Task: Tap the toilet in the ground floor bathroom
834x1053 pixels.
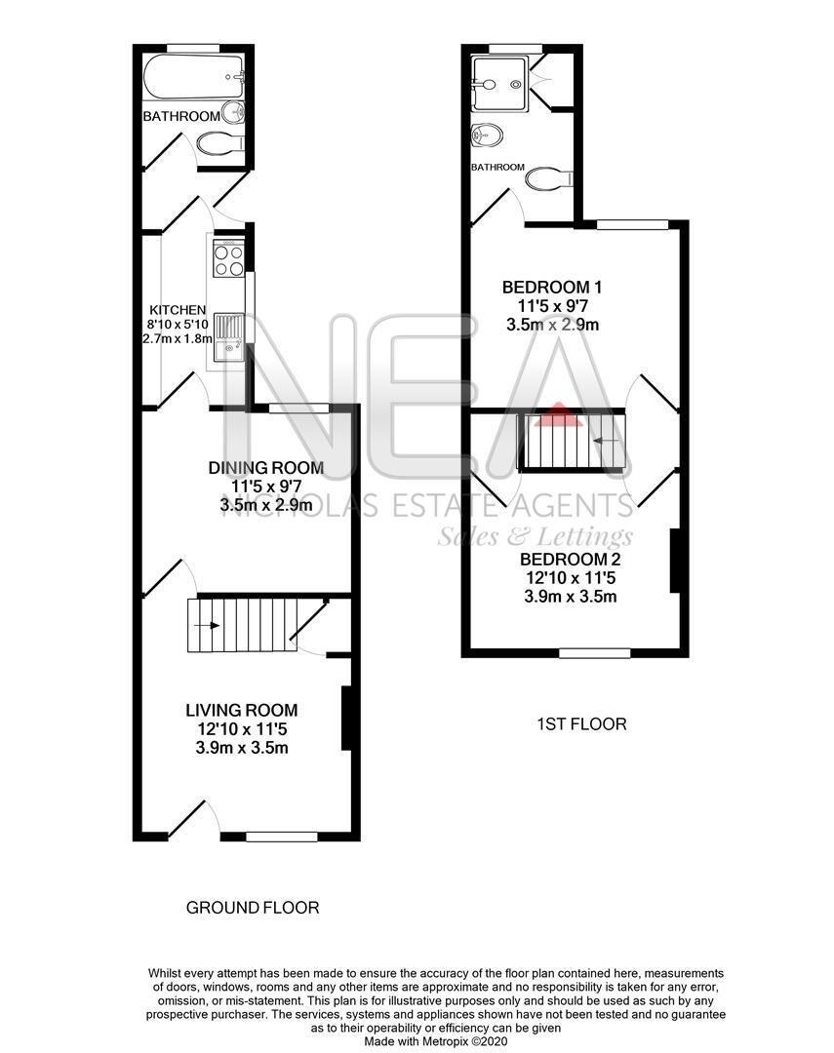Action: (219, 144)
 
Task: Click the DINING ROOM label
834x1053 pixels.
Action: (265, 468)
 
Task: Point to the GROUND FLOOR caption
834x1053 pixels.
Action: (253, 908)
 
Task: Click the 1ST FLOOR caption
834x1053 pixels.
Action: (581, 724)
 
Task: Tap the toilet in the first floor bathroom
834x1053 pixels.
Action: (549, 179)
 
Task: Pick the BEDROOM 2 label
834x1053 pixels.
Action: (570, 560)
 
